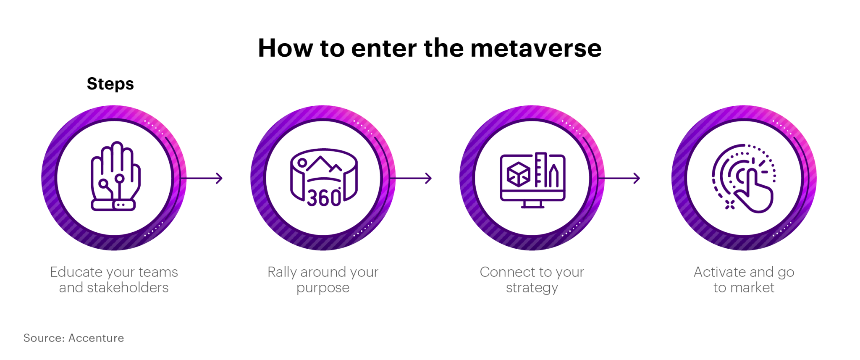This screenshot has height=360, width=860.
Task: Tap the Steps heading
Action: [x=110, y=84]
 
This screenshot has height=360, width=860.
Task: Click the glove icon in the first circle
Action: [x=115, y=176]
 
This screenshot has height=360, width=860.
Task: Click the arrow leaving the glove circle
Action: [x=204, y=178]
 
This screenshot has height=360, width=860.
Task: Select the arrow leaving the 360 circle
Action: [x=412, y=178]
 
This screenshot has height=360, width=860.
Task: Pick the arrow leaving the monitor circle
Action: [x=621, y=178]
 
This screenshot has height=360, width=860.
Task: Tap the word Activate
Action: [x=720, y=272]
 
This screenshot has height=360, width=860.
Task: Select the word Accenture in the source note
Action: [x=96, y=338]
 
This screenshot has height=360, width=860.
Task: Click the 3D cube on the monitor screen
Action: [x=519, y=173]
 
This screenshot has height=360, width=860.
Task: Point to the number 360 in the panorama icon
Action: [x=324, y=198]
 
